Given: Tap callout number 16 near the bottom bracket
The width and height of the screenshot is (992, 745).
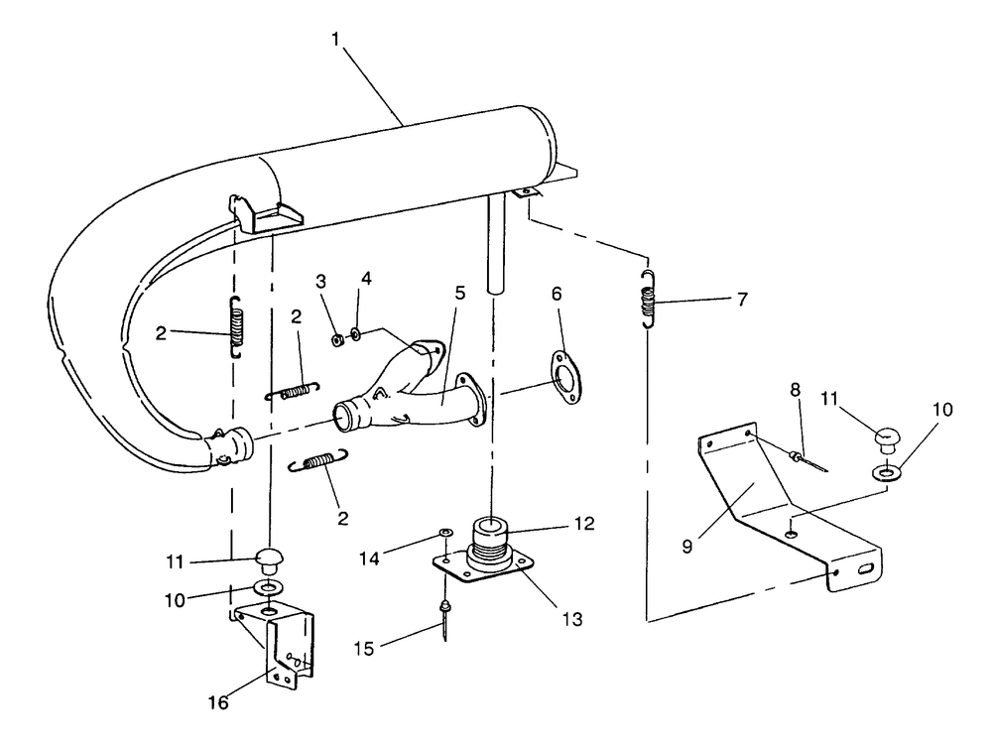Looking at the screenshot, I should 217,702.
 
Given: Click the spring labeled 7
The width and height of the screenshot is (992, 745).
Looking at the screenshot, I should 648,296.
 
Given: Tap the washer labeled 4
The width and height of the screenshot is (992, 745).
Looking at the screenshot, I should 357,329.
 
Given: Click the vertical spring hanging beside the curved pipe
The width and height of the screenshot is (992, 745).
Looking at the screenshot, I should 236,326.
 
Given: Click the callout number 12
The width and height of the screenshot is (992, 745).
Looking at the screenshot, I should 584,524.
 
